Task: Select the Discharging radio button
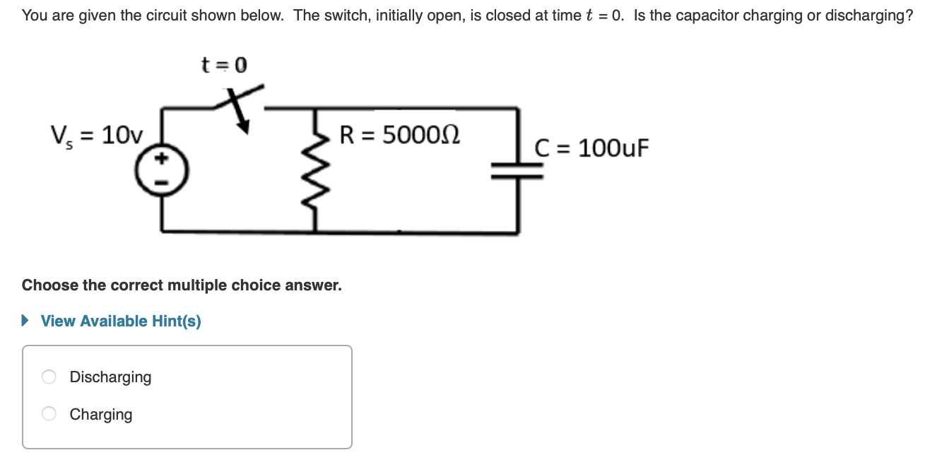[49, 377]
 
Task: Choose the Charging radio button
[49, 414]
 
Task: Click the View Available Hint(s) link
[121, 321]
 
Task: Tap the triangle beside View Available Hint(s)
[26, 321]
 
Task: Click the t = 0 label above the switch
[224, 66]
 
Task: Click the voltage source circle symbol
[163, 172]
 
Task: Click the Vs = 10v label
[96, 134]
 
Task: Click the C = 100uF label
[591, 148]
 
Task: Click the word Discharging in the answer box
[110, 377]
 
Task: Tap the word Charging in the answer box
[101, 414]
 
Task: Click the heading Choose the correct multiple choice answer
[182, 285]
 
